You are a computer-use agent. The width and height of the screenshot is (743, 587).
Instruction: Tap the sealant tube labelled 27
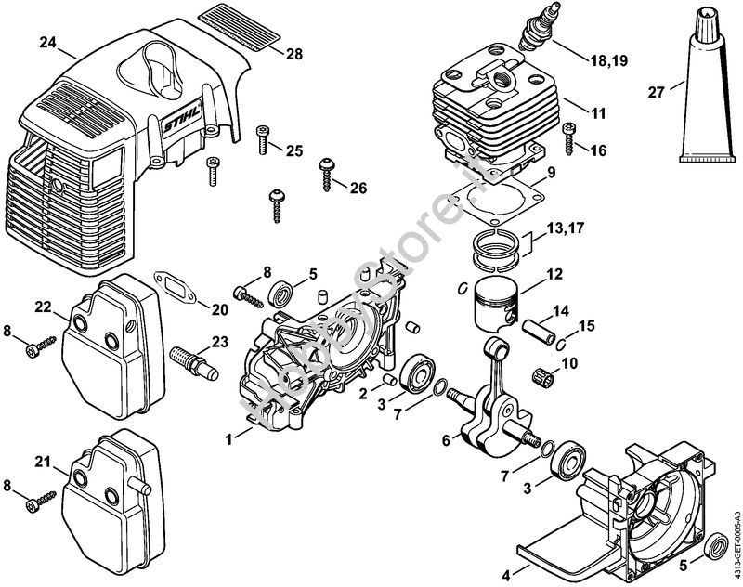tap(701, 93)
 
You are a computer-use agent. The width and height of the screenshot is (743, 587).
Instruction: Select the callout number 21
tap(43, 463)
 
